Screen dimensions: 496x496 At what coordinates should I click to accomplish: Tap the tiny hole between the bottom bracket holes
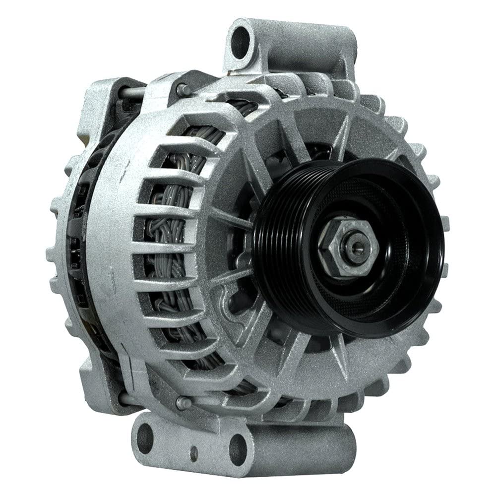[194, 452]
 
